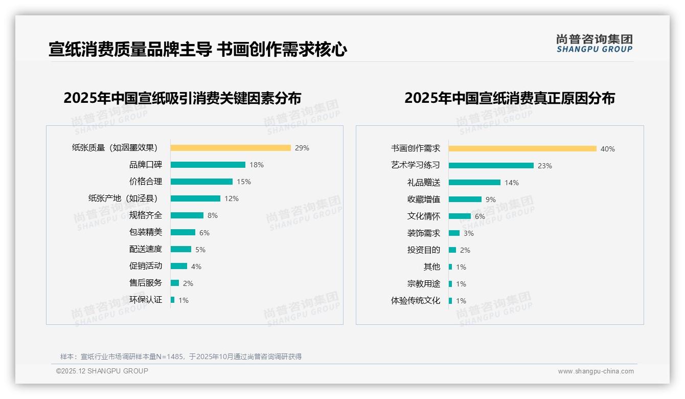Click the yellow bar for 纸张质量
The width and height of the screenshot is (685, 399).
coord(231,148)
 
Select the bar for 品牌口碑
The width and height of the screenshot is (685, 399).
coord(208,165)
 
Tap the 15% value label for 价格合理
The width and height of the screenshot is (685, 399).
coord(244,182)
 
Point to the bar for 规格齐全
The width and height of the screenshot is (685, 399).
coord(187,215)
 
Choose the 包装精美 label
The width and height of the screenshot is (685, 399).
coord(146,232)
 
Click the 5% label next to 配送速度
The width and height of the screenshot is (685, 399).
coord(200,250)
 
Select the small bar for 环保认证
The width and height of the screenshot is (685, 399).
coord(173,300)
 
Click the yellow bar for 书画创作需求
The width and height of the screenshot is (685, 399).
coord(522,149)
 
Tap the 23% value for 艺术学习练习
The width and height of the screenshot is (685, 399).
coord(545,166)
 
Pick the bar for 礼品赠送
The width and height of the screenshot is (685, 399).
coord(474,183)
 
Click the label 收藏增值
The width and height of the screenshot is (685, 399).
coord(424,199)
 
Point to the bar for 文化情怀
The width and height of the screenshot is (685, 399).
coord(460,216)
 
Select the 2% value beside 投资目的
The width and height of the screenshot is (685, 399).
coord(465,250)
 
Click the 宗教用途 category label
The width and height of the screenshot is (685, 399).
coord(424,284)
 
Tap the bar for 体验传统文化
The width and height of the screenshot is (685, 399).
coord(450,301)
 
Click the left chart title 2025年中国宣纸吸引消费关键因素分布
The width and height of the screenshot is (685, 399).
coord(182,98)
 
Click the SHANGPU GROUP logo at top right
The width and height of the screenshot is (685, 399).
coord(595,43)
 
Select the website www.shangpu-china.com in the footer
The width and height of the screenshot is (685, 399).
coord(596,371)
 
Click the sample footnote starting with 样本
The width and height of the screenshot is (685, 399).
coord(181,357)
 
